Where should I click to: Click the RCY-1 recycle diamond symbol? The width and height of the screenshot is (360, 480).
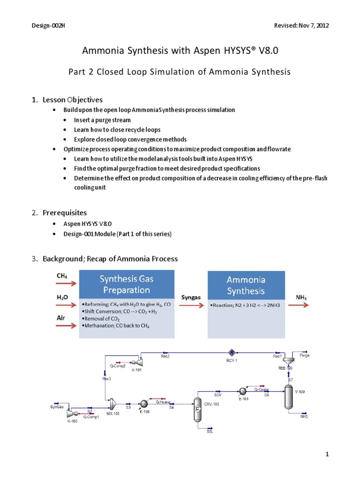point(231,352)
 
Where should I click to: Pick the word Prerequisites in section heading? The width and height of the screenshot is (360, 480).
point(65,212)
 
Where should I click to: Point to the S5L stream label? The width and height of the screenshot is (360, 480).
point(210,431)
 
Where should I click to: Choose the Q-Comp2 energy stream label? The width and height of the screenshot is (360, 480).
point(118,366)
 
